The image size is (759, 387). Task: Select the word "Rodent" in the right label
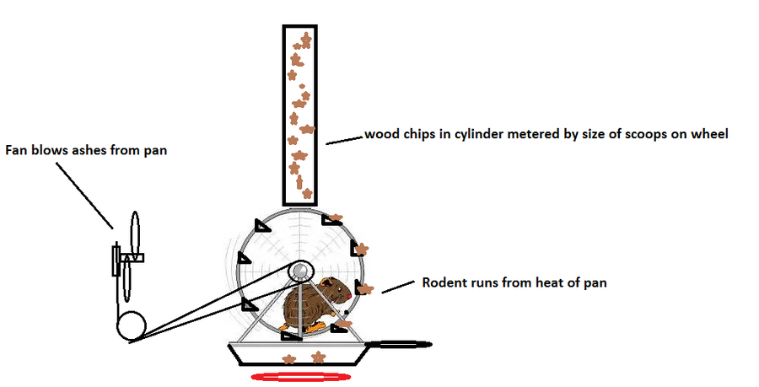tap(443, 282)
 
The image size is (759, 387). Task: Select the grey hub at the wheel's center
tap(299, 271)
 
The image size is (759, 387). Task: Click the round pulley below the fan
tap(131, 325)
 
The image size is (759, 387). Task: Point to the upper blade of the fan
tap(135, 232)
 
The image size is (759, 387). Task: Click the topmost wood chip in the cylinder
tap(305, 40)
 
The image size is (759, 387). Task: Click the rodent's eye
tap(337, 288)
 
